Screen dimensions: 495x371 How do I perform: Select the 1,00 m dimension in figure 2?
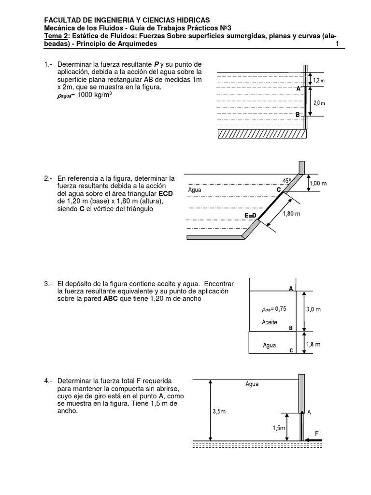coord(318,183)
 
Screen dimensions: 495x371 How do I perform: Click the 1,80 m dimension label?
coord(291,214)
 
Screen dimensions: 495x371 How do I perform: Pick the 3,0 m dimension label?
coord(314,310)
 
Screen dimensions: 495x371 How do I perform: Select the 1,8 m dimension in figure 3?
coord(314,345)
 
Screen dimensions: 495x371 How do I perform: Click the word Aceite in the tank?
coord(270,322)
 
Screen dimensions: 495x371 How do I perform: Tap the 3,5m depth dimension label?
coord(220,412)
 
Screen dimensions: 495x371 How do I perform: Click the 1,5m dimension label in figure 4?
coord(278,428)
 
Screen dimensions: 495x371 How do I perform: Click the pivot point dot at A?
coord(301,413)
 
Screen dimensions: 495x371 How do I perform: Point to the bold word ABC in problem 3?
coord(111,298)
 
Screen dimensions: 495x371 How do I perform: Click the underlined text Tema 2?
coord(56,36)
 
